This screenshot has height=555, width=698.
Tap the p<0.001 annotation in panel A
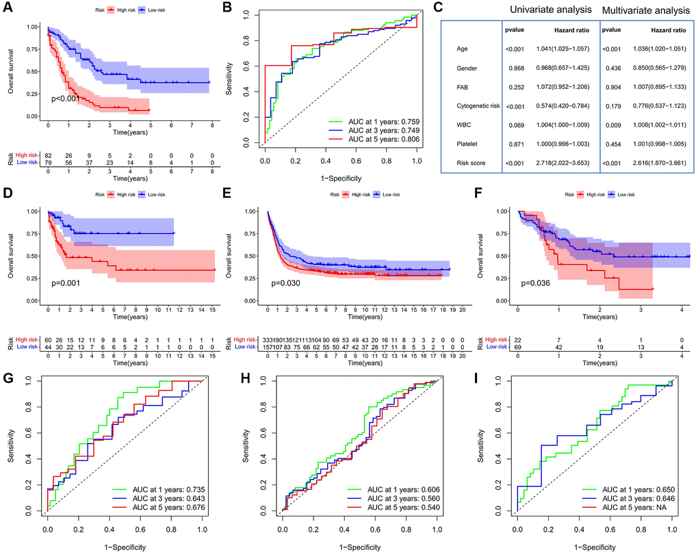(x=70, y=99)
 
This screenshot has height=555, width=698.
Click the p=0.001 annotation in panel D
(x=70, y=282)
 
